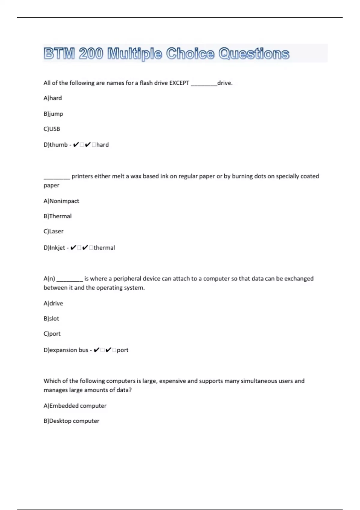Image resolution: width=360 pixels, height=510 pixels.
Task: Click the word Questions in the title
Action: (x=254, y=54)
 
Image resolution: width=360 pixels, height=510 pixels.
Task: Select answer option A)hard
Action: (x=53, y=98)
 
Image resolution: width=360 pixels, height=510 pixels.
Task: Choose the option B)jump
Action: (x=53, y=114)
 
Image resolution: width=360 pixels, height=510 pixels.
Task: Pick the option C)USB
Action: (x=52, y=129)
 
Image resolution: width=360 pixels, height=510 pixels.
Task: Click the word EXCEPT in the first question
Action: (x=179, y=83)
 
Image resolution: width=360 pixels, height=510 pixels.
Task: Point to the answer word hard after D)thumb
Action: (x=103, y=145)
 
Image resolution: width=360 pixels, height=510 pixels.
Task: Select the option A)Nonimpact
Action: (x=61, y=201)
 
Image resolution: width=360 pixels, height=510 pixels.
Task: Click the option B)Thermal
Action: (x=58, y=216)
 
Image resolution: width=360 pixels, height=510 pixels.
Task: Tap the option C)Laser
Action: (x=53, y=231)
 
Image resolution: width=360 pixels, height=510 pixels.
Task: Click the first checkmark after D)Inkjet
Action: (x=73, y=247)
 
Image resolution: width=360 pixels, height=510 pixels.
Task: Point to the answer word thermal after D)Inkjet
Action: (x=104, y=247)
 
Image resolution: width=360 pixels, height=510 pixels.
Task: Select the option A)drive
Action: (x=53, y=303)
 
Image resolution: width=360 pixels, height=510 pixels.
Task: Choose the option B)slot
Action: (x=51, y=319)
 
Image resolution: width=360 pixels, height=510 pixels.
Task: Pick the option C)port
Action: (x=52, y=334)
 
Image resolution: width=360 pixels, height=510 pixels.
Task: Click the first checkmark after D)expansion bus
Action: (x=96, y=350)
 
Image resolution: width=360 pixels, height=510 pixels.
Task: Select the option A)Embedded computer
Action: (x=75, y=406)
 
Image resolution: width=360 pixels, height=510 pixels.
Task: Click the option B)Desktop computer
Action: (x=71, y=421)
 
